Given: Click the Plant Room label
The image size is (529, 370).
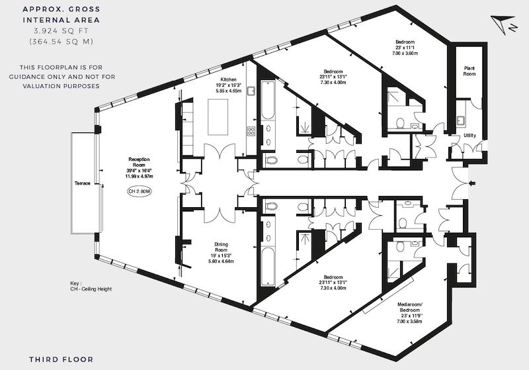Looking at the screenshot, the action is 469,71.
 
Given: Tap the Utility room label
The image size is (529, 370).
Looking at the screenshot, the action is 469,136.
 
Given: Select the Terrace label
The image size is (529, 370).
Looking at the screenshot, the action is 82,183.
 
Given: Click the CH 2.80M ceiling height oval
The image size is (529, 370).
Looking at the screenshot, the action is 140,191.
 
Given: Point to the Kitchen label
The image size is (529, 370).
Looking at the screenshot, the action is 229,79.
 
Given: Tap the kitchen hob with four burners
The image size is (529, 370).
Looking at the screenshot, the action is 251,130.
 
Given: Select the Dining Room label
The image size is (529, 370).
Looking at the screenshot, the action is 222,247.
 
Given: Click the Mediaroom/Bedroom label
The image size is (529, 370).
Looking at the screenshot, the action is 409,307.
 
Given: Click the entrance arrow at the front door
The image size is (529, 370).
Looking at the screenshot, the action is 472,183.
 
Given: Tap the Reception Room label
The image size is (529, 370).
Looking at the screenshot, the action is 139,162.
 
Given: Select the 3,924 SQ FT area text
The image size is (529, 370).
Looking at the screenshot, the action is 61,31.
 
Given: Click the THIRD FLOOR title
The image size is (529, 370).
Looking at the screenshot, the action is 61,359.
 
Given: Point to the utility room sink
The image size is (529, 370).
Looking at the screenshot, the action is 460,120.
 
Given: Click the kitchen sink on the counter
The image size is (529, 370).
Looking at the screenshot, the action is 251,91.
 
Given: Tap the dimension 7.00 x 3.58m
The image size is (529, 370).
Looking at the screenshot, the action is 409,322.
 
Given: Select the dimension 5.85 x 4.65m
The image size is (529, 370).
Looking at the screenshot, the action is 229,91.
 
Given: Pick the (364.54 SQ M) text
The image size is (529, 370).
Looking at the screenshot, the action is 61,42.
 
